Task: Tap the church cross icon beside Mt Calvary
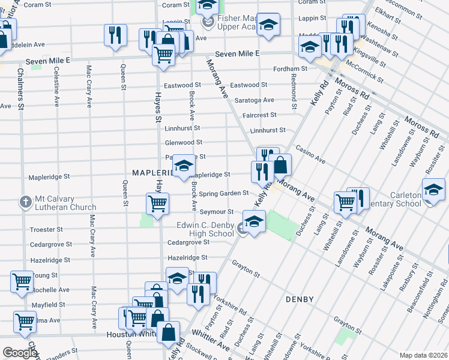point(25,201)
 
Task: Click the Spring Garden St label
point(224,193)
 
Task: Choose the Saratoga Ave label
point(254,100)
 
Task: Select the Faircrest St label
point(259,115)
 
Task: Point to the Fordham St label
point(290,69)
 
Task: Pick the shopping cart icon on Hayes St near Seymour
point(157,203)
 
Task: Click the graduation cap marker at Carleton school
point(433,190)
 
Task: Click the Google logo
point(20,353)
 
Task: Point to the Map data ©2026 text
point(423,355)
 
